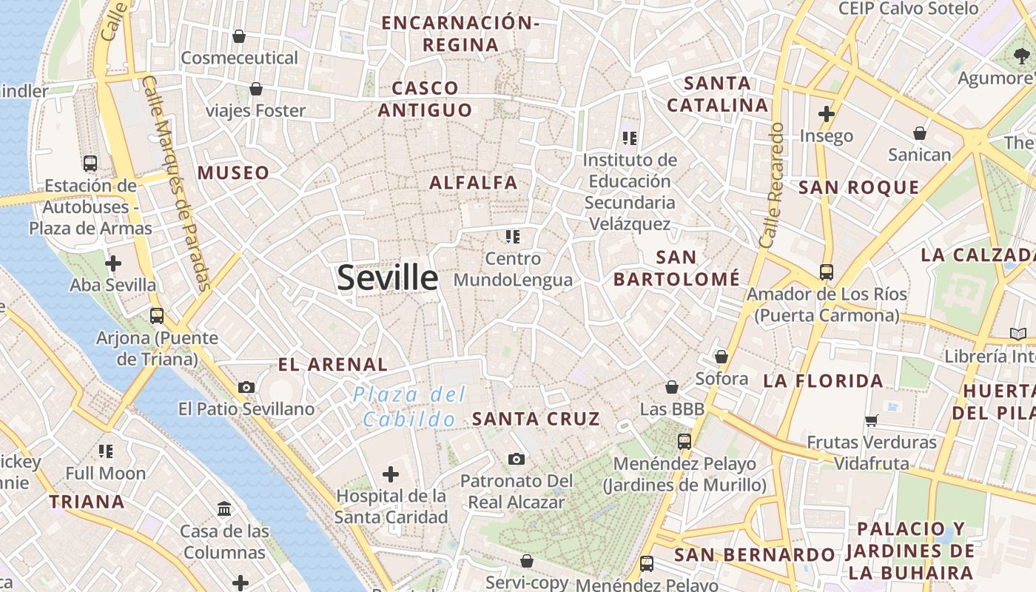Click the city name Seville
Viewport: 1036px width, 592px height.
387,277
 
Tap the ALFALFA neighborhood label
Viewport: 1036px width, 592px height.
474,182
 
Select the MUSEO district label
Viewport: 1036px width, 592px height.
233,173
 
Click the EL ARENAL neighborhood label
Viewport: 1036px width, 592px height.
332,364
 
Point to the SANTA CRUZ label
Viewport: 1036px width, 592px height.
536,419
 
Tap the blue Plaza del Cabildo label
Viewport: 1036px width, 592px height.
409,406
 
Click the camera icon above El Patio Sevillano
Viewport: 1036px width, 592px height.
246,387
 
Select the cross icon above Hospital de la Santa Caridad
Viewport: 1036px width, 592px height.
391,474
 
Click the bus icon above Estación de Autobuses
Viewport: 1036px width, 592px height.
90,164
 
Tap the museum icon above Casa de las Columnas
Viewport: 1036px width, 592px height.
224,508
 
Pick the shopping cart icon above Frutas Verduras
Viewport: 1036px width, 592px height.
871,420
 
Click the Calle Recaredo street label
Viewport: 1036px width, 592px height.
771,185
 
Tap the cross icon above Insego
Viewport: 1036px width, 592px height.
827,114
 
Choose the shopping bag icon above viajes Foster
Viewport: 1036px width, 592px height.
256,89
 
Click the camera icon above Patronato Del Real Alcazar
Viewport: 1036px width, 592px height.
517,460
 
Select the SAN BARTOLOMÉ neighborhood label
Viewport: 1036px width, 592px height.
676,268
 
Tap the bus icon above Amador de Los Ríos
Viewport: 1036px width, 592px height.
827,272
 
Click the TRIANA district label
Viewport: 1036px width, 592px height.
87,502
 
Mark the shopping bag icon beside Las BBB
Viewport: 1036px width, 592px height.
672,387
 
